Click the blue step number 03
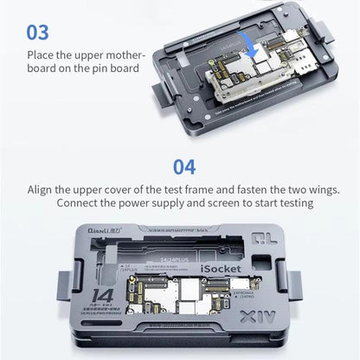point(39,34)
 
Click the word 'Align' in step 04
point(56,189)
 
